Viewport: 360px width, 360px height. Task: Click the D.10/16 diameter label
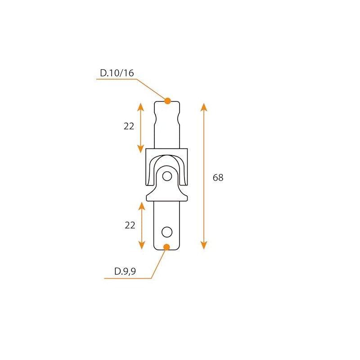(117, 73)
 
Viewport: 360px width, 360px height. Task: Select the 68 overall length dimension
(218, 178)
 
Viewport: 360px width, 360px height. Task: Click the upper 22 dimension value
(129, 126)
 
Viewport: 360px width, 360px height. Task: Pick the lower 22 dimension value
(130, 225)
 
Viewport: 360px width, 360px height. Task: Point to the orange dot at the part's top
(168, 101)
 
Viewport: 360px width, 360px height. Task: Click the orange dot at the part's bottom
(166, 247)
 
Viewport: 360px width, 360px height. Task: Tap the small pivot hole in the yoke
(167, 176)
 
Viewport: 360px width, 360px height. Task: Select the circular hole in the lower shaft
(167, 232)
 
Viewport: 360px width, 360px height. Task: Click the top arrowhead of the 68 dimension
(204, 107)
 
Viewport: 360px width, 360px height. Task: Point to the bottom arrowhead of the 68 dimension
(204, 245)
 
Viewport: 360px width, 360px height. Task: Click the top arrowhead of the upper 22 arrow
(140, 107)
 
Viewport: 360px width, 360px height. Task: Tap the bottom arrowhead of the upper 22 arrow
(140, 148)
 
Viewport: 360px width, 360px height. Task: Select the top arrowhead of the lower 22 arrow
(142, 206)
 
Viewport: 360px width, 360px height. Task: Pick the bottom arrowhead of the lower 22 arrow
(142, 245)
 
